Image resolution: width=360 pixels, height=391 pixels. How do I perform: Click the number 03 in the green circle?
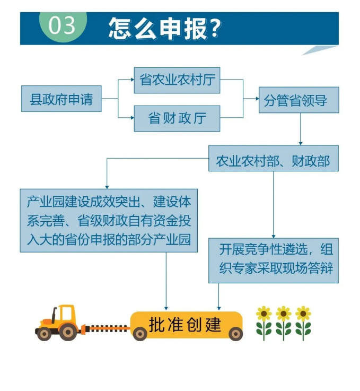(x=62, y=25)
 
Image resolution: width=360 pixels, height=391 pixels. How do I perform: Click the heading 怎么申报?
(x=164, y=28)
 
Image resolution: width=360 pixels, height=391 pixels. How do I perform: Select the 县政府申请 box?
(x=61, y=99)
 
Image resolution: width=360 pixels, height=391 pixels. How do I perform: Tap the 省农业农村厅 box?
(x=177, y=80)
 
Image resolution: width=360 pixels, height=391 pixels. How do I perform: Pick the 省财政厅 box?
(x=177, y=118)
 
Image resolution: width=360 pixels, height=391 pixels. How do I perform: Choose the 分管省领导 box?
(x=299, y=100)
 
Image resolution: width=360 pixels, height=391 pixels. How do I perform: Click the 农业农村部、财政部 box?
(x=273, y=159)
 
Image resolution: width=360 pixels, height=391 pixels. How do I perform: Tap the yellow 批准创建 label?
(x=186, y=324)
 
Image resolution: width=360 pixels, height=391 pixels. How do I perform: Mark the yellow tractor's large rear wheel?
(x=68, y=332)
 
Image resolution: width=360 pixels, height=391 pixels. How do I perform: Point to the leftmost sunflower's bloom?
(x=264, y=314)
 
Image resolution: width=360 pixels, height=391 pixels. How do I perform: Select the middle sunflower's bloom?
(x=284, y=314)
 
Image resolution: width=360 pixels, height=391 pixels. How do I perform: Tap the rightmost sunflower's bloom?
(x=303, y=314)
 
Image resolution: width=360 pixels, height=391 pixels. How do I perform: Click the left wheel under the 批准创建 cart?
(x=140, y=334)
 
